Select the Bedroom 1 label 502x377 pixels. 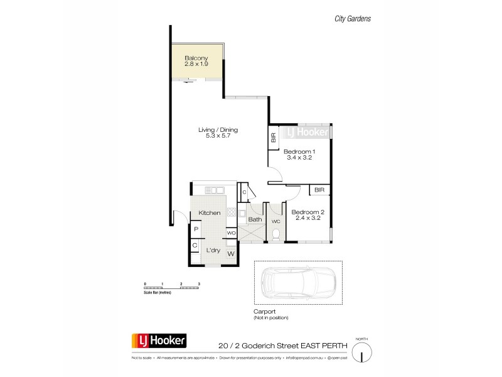[x=299, y=152]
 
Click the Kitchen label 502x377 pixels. [x=210, y=214]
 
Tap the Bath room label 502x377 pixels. [x=254, y=219]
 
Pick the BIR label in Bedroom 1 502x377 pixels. [x=274, y=139]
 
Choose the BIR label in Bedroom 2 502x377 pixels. [x=319, y=189]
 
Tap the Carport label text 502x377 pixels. [x=265, y=311]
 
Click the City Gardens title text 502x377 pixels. [x=351, y=19]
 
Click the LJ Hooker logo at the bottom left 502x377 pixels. [x=158, y=341]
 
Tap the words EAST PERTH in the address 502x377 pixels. [x=312, y=345]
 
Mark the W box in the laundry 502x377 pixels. [x=230, y=254]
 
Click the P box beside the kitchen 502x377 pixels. [x=195, y=231]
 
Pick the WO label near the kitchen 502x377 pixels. [x=230, y=232]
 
